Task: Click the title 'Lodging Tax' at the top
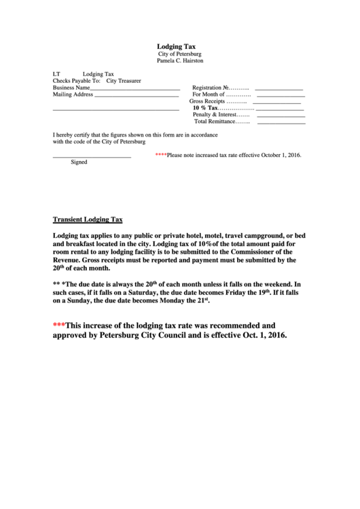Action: click(180, 47)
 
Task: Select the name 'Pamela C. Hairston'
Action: click(180, 61)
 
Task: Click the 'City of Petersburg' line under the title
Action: click(180, 54)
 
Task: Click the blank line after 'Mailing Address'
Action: click(137, 96)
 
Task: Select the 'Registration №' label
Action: click(211, 88)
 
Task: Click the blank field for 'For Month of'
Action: click(280, 96)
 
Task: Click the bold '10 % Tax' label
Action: click(205, 108)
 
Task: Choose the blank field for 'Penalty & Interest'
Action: click(281, 116)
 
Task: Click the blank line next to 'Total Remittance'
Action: click(281, 123)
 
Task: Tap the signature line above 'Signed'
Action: click(92, 157)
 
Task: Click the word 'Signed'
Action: click(79, 162)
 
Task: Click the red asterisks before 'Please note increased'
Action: click(161, 155)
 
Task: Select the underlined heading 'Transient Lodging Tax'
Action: click(88, 220)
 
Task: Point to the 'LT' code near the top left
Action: click(57, 73)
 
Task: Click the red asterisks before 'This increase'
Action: click(59, 324)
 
